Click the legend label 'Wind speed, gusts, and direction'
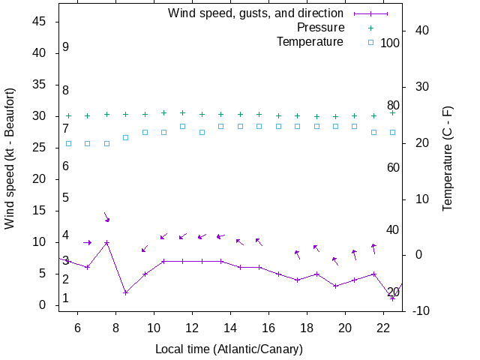(x=256, y=13)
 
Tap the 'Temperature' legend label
(x=310, y=42)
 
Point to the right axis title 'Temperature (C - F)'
(x=448, y=158)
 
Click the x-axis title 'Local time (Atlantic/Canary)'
(x=229, y=349)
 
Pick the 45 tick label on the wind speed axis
(x=40, y=22)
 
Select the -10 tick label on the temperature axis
(x=420, y=311)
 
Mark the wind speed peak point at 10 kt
(x=107, y=242)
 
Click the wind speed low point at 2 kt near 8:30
(x=126, y=292)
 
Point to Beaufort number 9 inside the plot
(x=66, y=47)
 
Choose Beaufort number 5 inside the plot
(x=66, y=198)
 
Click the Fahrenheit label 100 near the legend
(x=390, y=43)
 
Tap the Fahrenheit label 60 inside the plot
(x=393, y=167)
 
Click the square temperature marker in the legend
(x=370, y=42)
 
